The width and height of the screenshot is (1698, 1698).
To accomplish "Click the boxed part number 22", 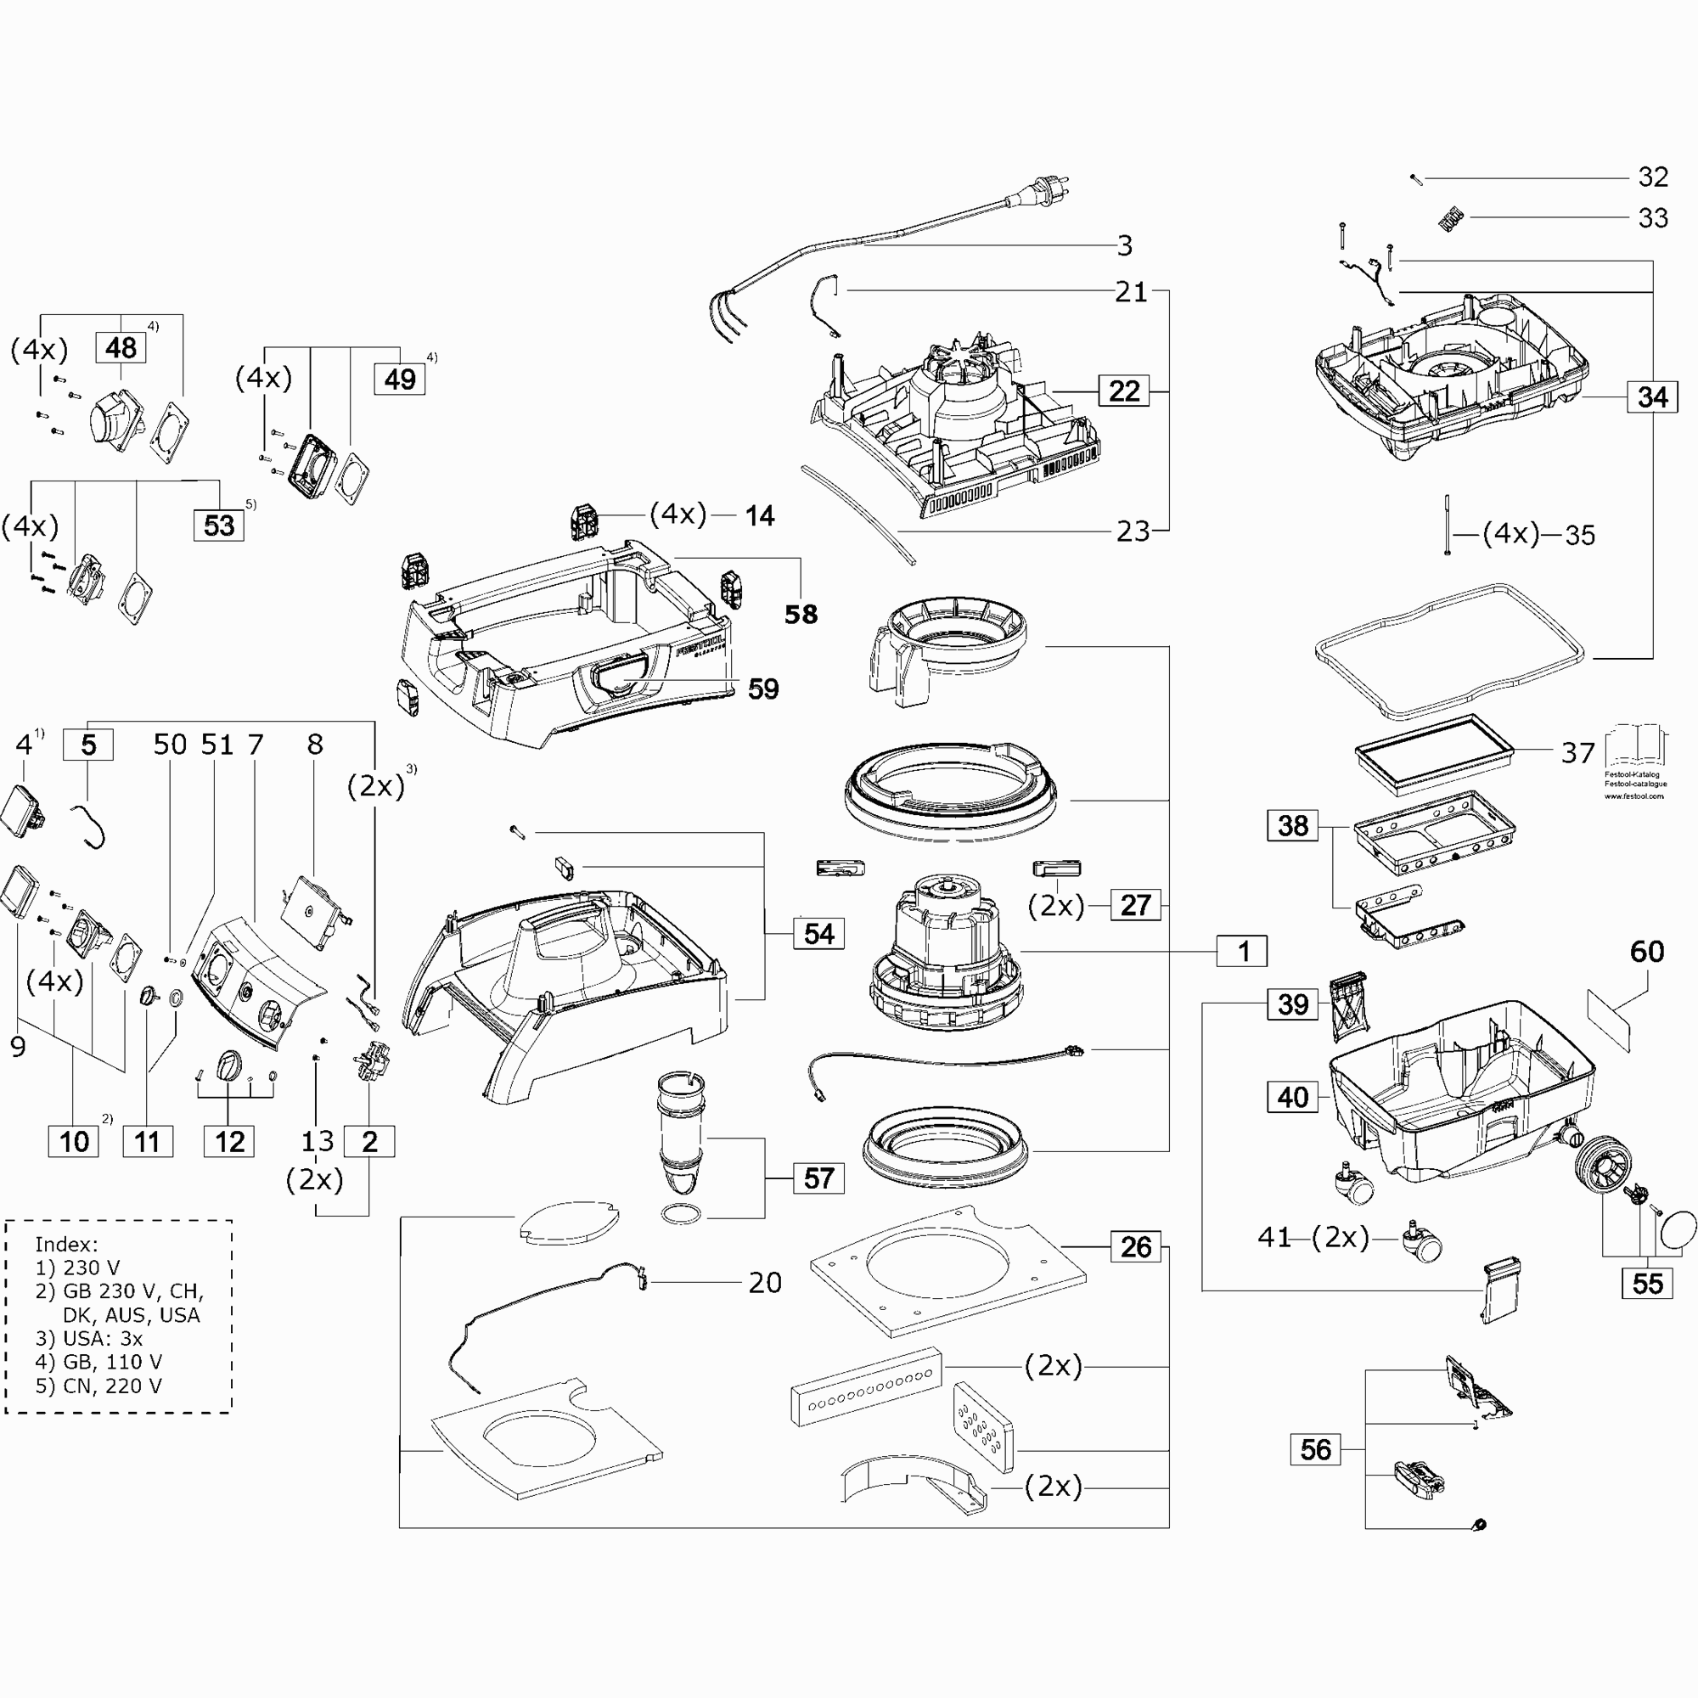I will [x=1123, y=391].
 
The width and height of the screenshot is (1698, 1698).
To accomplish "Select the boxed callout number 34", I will [x=1652, y=397].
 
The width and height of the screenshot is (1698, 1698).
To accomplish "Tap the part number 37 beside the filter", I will [x=1577, y=752].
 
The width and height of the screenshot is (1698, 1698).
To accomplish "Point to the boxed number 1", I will [x=1243, y=951].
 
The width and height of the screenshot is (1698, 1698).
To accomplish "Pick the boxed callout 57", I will [x=818, y=1178].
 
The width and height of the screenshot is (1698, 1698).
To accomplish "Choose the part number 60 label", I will [x=1646, y=951].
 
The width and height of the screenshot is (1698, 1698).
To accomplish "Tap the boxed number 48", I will [x=121, y=348].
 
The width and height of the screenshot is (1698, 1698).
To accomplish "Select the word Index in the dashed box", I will [x=66, y=1244].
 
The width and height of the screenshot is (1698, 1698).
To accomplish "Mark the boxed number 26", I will [x=1135, y=1246].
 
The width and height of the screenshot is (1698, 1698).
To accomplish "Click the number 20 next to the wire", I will [x=765, y=1282].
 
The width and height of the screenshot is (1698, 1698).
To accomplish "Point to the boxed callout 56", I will [x=1315, y=1449].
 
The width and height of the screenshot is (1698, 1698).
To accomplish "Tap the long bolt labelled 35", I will [x=1446, y=526].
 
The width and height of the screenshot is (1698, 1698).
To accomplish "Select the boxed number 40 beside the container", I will [x=1292, y=1097].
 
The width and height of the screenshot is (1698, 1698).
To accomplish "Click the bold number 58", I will [x=801, y=615].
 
